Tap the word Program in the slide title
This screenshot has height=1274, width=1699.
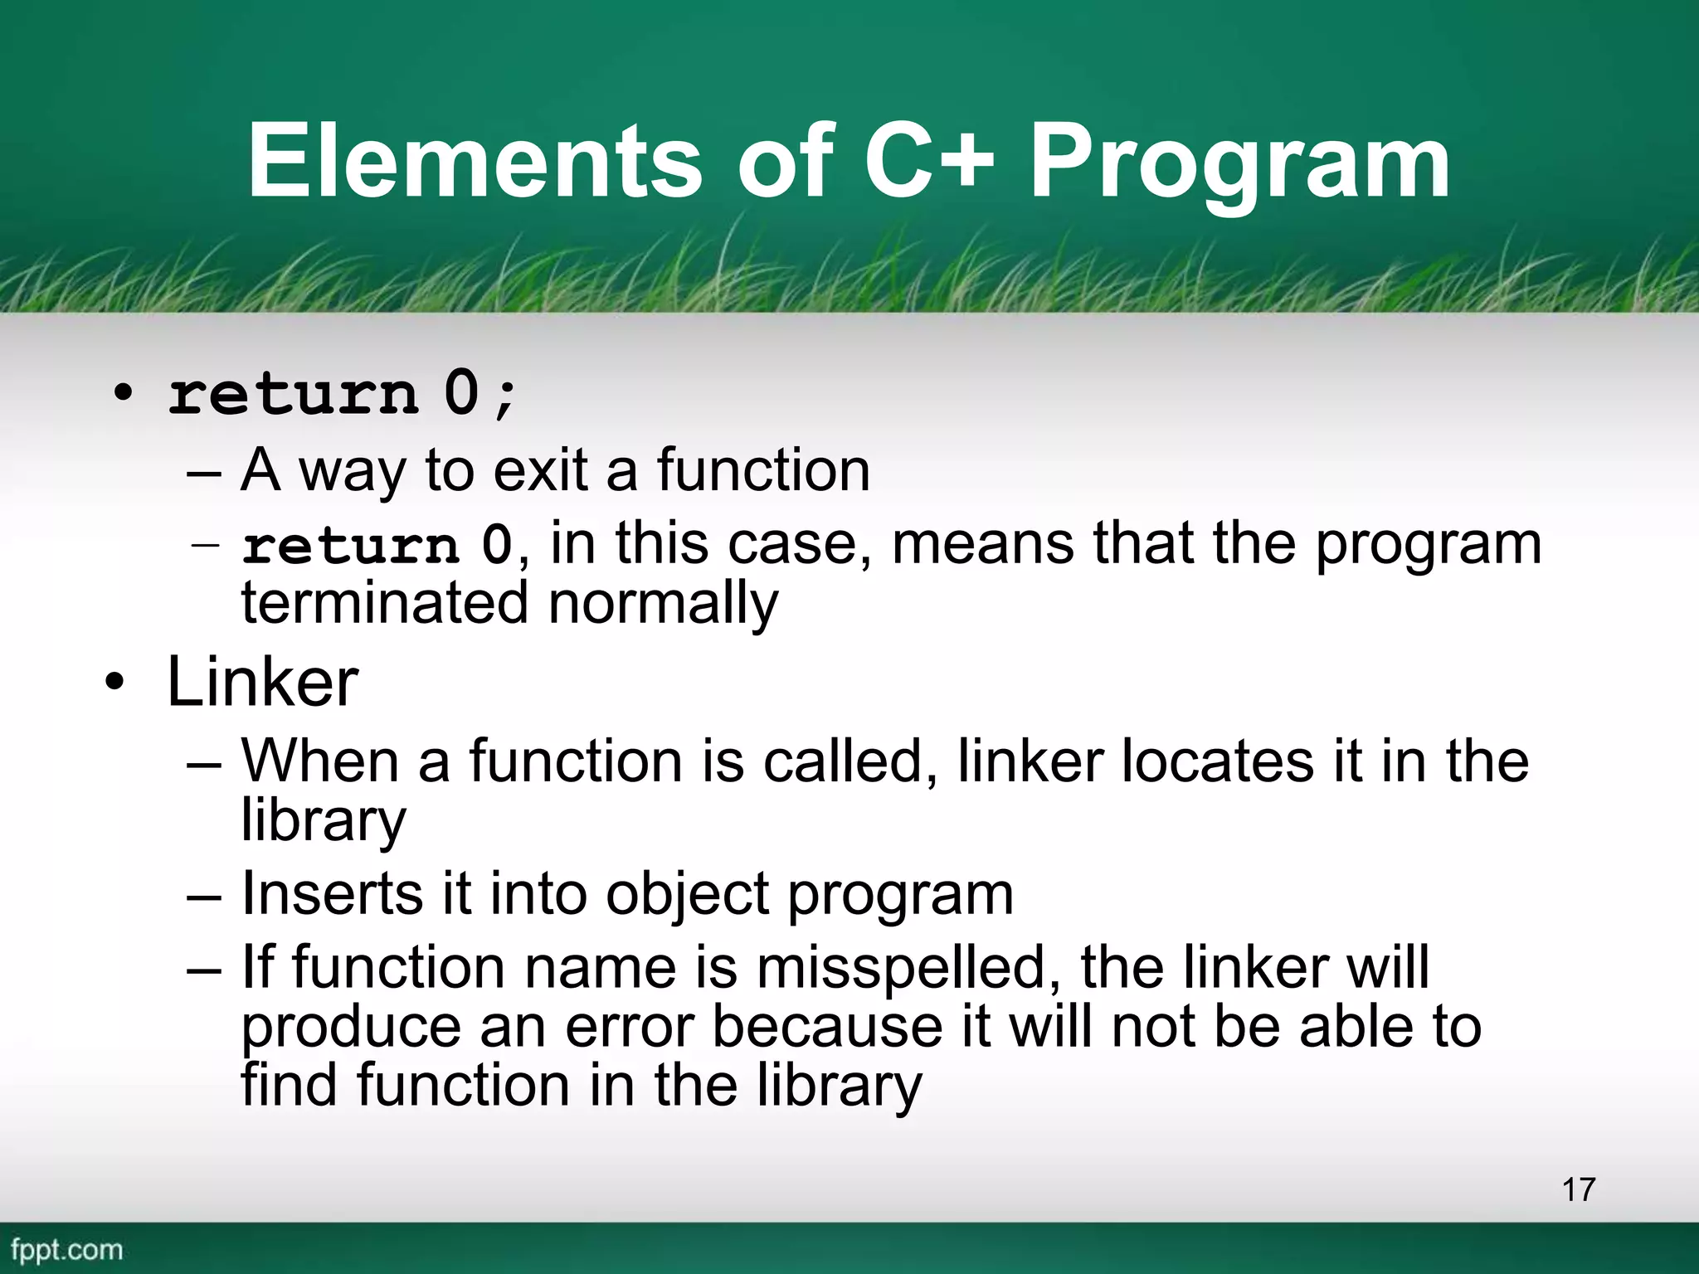pos(1239,163)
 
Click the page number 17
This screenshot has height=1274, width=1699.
pos(1578,1189)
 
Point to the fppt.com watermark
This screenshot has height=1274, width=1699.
pos(66,1249)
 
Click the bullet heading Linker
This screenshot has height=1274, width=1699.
pos(262,683)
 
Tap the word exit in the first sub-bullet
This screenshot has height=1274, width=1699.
pos(541,470)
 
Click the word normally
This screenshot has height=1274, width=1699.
pos(663,603)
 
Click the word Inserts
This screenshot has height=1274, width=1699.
pos(330,894)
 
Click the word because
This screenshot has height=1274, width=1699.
pos(827,1027)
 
